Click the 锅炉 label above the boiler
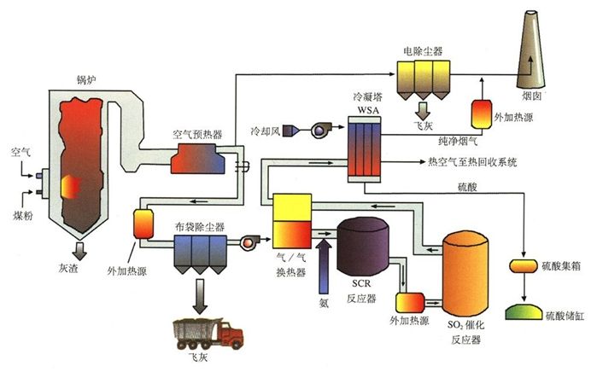(x=86, y=82)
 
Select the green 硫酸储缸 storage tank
(x=524, y=313)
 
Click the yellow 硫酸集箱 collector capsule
(x=523, y=266)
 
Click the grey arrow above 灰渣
(x=79, y=250)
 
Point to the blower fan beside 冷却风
(x=319, y=130)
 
